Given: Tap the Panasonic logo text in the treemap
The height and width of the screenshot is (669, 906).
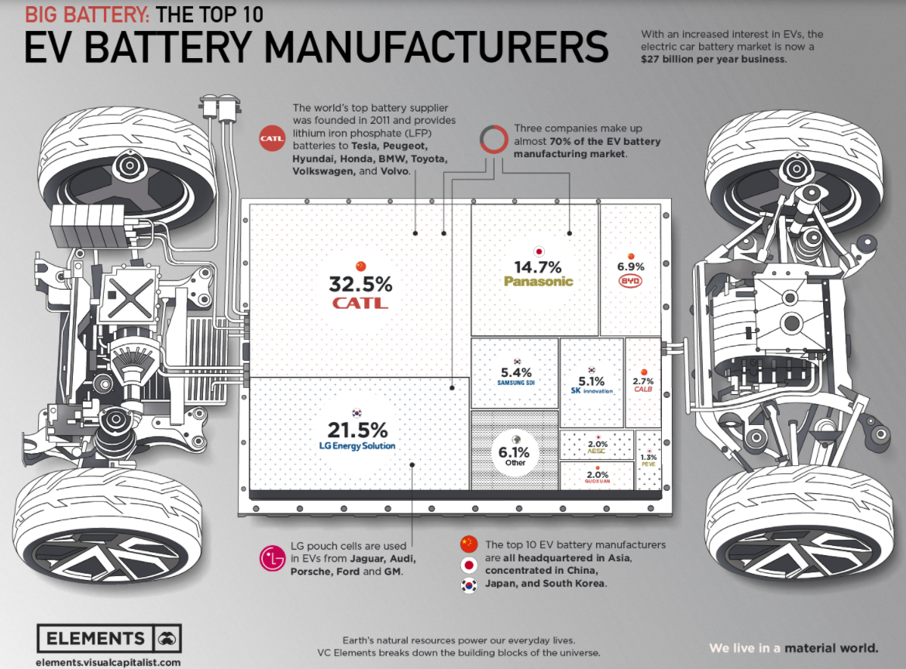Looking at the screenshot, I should click(538, 281).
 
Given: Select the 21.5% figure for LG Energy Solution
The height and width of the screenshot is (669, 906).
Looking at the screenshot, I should click(357, 431).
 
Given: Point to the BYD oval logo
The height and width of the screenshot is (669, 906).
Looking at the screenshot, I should click(630, 281).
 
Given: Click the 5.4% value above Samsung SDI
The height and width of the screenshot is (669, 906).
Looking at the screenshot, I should click(515, 372).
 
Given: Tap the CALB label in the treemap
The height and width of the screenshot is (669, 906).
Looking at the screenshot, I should click(643, 390).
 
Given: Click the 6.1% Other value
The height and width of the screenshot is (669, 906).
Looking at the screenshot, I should click(515, 451).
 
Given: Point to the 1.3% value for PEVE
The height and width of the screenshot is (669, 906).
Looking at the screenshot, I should click(649, 458).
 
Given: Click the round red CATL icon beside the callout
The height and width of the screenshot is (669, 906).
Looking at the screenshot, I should click(272, 139).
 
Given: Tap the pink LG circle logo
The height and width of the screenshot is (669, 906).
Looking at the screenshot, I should click(272, 557).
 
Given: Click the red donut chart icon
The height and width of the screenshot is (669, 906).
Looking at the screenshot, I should click(493, 139).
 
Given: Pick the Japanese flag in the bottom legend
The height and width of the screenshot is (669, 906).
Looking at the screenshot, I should click(468, 564).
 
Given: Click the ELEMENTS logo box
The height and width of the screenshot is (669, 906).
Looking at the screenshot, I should click(109, 638).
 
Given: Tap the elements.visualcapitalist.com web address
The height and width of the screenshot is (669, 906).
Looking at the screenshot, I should click(108, 662).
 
